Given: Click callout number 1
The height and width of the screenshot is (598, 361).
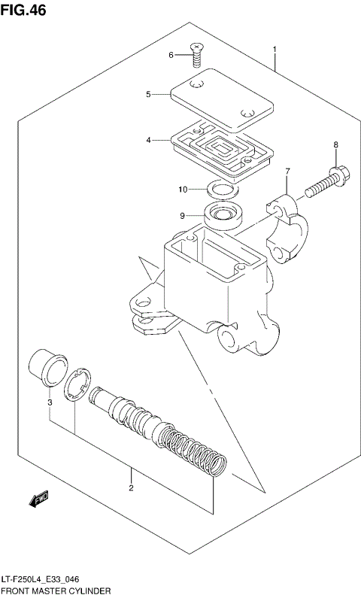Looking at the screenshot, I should (x=275, y=50).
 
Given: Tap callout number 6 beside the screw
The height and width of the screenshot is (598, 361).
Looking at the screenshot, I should (x=171, y=55).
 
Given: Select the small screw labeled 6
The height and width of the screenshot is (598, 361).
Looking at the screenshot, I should (x=197, y=52).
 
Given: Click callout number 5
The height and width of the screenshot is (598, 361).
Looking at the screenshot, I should (x=149, y=94).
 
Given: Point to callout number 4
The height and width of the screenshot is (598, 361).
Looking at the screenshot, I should (x=149, y=140).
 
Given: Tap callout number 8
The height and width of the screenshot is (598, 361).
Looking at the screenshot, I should (x=336, y=144).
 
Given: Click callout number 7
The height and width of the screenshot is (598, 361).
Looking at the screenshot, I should (x=287, y=172).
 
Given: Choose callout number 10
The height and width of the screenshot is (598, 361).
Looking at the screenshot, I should (x=183, y=188).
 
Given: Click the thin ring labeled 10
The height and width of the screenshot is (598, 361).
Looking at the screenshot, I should (x=220, y=189).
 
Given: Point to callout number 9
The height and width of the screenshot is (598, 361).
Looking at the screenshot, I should (x=182, y=215).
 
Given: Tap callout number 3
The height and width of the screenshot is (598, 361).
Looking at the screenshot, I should (x=50, y=402).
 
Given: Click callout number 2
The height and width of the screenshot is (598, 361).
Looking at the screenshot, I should (x=131, y=489).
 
